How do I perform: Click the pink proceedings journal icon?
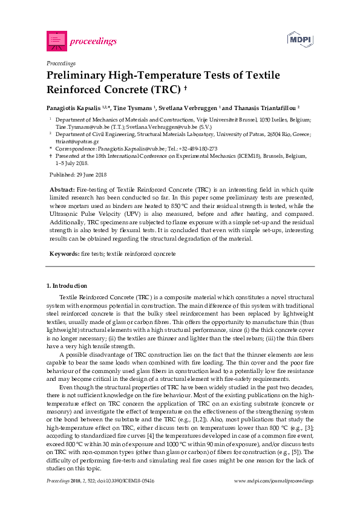(x=56, y=41)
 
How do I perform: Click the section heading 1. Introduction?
(x=67, y=285)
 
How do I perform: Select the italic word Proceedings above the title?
(x=61, y=63)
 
